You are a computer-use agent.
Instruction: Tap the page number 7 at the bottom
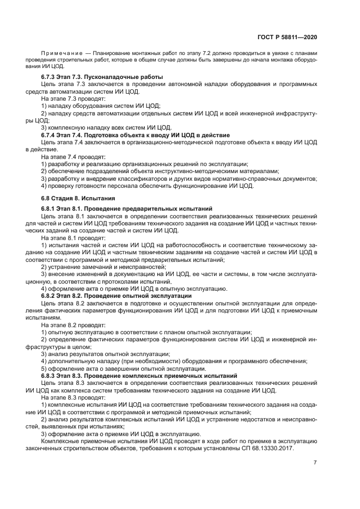click(x=315, y=462)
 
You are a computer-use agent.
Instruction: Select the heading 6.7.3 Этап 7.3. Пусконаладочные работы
click(x=102, y=77)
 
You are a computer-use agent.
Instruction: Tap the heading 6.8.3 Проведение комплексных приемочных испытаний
click(x=139, y=376)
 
